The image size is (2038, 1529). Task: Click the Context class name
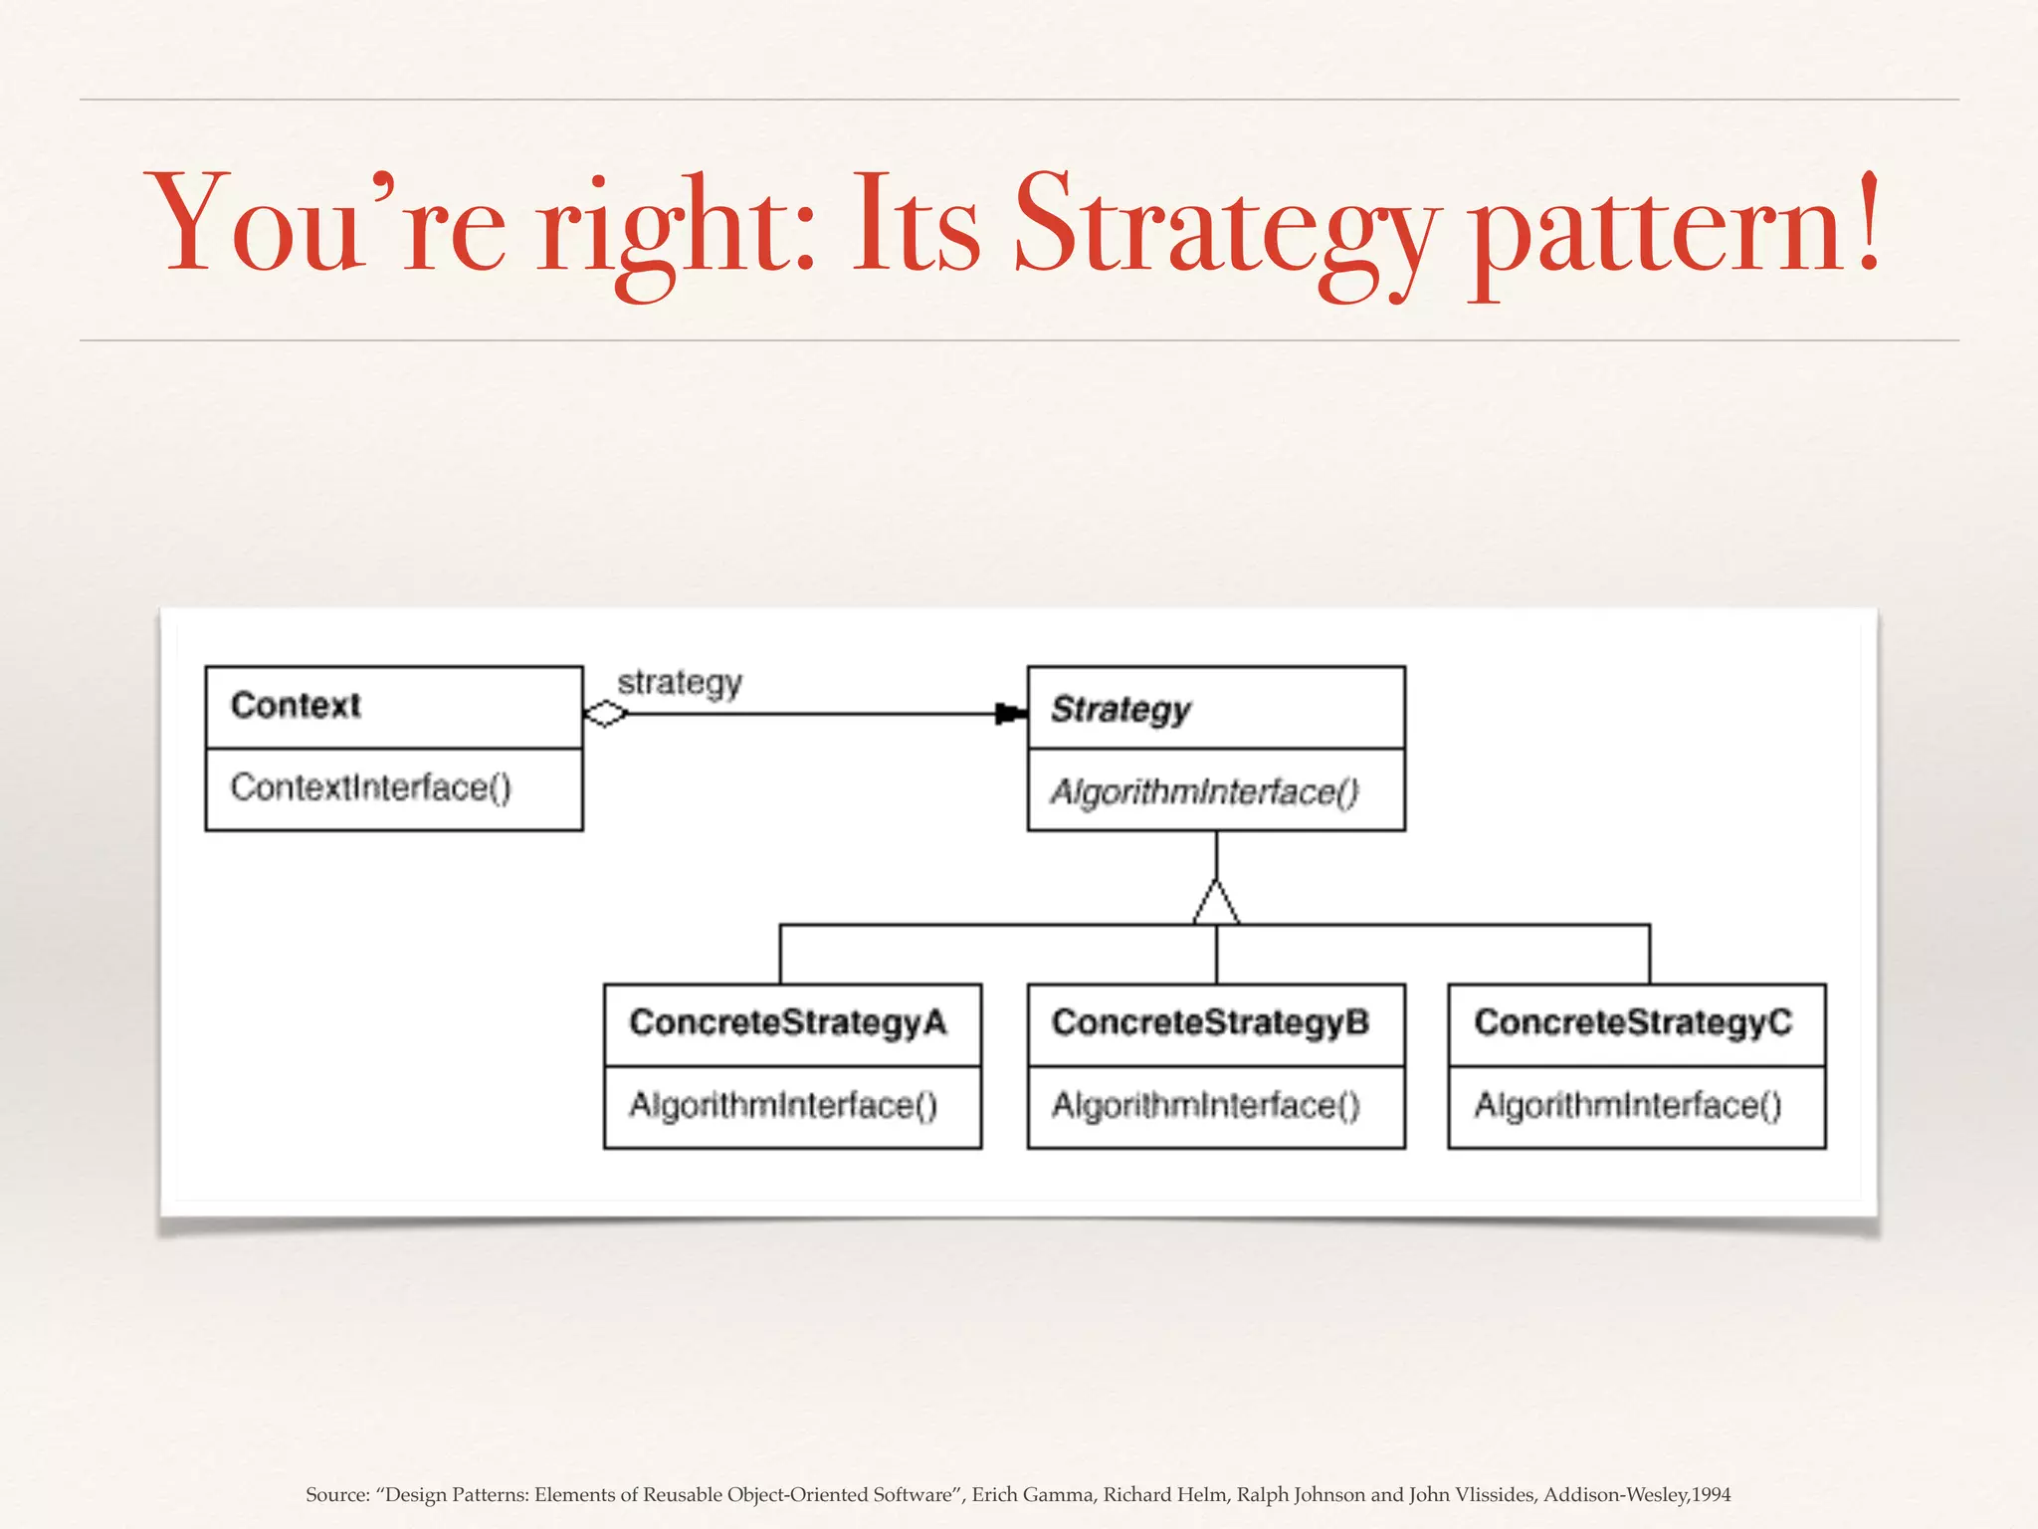(296, 705)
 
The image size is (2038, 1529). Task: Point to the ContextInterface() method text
(370, 787)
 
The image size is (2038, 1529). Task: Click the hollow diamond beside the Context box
(605, 714)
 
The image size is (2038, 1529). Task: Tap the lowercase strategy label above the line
(680, 683)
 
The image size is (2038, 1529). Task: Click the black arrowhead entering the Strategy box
(1010, 714)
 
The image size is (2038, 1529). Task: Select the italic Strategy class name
(1121, 709)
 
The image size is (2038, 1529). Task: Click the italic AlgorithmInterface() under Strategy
(1204, 791)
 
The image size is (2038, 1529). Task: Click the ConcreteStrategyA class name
(788, 1022)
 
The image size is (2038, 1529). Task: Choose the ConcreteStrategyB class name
(1210, 1022)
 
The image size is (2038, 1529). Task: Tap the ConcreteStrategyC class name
(1633, 1022)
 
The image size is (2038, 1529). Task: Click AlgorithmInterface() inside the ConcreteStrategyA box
(783, 1105)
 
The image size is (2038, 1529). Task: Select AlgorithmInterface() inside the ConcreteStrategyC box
(1628, 1105)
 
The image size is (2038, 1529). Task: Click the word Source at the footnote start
(335, 1494)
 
